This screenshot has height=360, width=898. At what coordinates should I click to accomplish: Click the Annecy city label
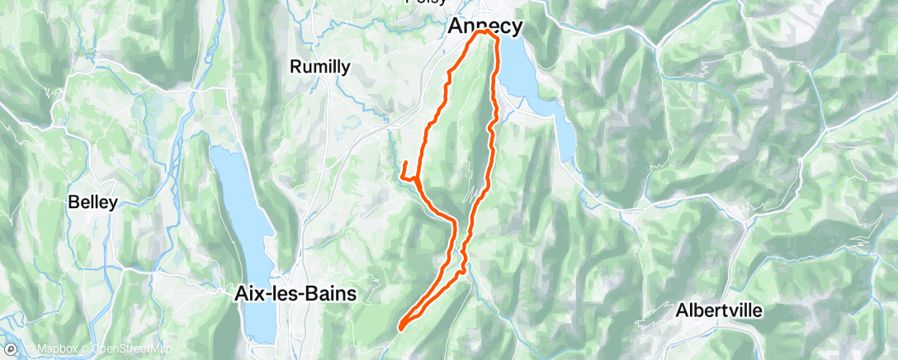pos(484,26)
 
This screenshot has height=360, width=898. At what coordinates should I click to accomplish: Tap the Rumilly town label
pos(320,68)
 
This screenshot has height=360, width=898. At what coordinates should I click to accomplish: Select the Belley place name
pos(93,201)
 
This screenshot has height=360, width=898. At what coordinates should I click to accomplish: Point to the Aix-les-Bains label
pos(295,293)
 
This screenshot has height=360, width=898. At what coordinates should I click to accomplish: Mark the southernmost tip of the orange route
pos(400,329)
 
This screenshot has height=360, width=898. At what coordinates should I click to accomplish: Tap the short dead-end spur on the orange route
pos(405,165)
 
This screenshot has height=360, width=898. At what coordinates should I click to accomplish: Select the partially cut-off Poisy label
pos(427,2)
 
